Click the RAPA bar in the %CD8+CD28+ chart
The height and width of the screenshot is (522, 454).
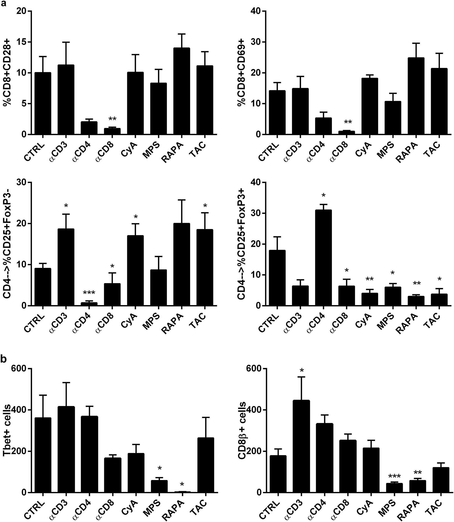pos(182,91)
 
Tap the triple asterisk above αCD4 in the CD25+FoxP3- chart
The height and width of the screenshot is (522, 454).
pos(89,293)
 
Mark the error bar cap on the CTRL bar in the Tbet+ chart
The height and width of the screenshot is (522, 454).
pos(43,395)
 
